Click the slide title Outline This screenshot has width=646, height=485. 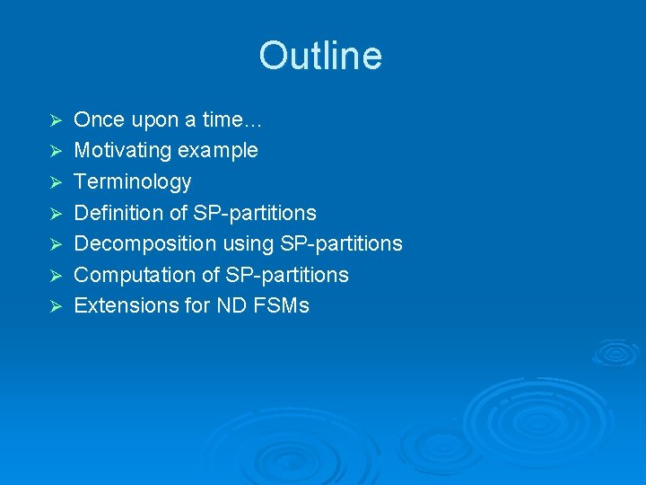pyautogui.click(x=320, y=56)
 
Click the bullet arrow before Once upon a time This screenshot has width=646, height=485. pyautogui.click(x=54, y=120)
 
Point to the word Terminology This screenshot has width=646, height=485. pyautogui.click(x=132, y=181)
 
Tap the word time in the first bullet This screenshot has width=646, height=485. pyautogui.click(x=223, y=119)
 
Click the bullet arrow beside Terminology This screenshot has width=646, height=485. pyautogui.click(x=54, y=182)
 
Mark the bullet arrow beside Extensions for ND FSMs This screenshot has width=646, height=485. pyautogui.click(x=54, y=306)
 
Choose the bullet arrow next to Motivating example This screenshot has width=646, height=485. pyautogui.click(x=54, y=151)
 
